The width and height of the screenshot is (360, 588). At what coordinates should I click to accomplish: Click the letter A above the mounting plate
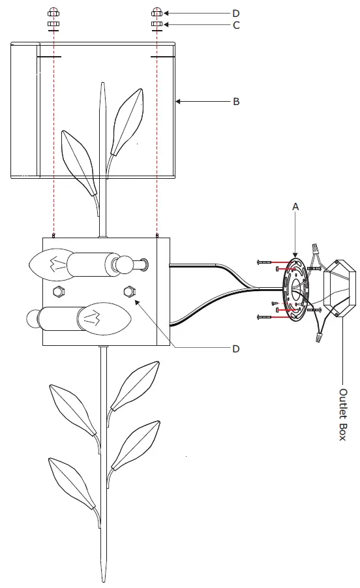click(295, 207)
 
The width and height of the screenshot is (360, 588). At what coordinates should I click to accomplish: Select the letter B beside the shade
click(236, 102)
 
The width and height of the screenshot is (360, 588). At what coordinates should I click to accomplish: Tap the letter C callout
click(236, 25)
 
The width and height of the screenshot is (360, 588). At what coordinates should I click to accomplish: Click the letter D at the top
click(235, 14)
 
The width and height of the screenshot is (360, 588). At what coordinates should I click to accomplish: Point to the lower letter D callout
click(235, 348)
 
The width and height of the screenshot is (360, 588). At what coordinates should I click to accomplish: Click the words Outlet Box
click(343, 414)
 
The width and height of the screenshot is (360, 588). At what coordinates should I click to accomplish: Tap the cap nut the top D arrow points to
click(157, 12)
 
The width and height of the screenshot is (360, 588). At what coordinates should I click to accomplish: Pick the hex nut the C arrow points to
click(157, 24)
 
